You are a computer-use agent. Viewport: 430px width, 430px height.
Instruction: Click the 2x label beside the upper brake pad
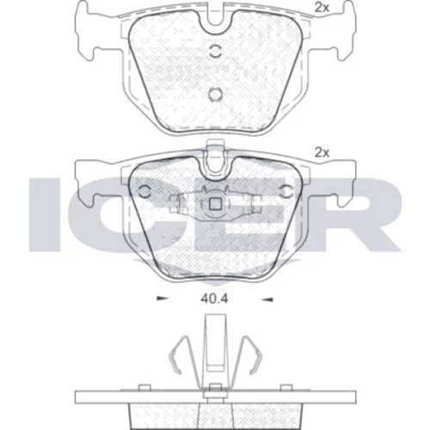coord(322,8)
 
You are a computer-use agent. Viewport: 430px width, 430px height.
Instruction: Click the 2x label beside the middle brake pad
coord(322,153)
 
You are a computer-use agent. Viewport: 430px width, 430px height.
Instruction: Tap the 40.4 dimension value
coord(214,299)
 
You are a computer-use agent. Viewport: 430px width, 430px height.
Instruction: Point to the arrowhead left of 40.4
coord(163,299)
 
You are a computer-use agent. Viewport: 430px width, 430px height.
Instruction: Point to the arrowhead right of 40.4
coord(267,299)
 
